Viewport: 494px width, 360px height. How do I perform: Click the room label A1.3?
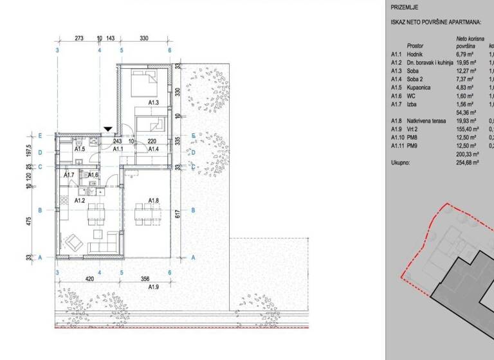(154, 102)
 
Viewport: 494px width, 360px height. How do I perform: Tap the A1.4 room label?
(154, 149)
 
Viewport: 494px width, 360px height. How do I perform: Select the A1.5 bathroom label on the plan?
(80, 149)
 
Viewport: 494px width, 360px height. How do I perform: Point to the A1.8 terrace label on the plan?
(154, 201)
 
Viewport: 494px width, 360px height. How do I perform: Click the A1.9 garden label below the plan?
(154, 287)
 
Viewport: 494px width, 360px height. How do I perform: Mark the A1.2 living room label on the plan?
(80, 201)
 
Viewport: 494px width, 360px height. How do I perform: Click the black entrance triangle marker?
(108, 130)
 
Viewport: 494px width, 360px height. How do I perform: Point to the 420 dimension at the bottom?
(89, 280)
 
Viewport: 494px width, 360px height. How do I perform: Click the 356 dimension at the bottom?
(146, 280)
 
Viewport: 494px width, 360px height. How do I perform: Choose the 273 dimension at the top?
(79, 39)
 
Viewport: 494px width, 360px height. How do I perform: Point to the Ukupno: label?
(402, 163)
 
